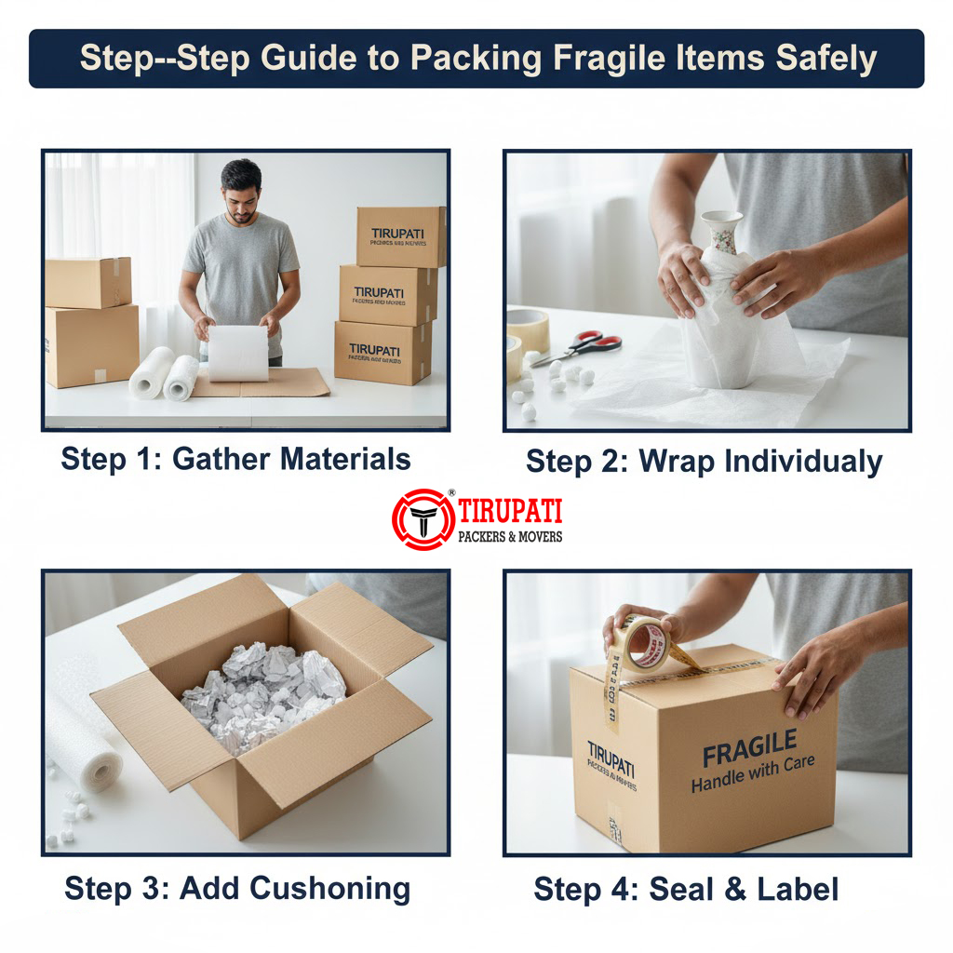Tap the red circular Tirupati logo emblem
coord(423,519)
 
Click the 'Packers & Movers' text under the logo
coord(510,537)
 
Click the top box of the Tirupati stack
coord(401,236)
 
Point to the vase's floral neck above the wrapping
coord(721,231)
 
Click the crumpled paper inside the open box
coord(263,694)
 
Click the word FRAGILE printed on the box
coord(749,746)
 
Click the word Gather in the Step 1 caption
coord(221,459)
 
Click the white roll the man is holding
coord(237,354)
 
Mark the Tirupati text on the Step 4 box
coord(611,758)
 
